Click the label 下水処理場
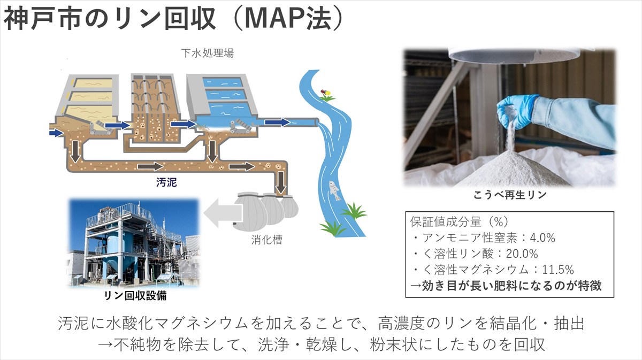tap(208, 53)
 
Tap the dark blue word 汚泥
tap(166, 182)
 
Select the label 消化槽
tap(267, 240)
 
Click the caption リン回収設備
tap(135, 295)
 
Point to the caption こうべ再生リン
tap(510, 195)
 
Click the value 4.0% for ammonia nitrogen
tap(542, 238)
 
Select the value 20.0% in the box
tap(522, 254)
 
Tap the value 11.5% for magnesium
tap(558, 270)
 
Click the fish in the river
tap(334, 190)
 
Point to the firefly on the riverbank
tap(326, 92)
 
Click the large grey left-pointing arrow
tap(221, 213)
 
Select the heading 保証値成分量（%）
tap(459, 221)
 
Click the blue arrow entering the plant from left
tap(56, 133)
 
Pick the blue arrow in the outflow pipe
tap(278, 122)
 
